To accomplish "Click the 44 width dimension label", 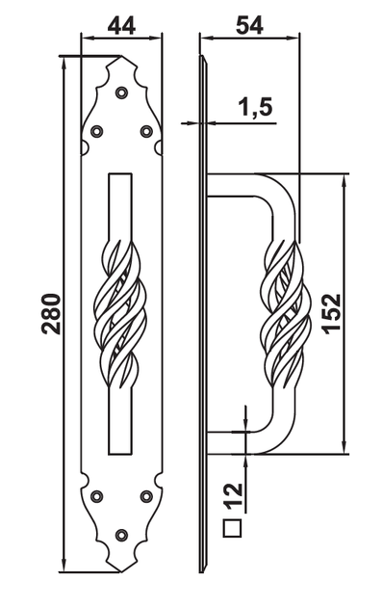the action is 121,26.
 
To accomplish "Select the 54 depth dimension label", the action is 249,26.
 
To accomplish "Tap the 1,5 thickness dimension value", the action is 254,107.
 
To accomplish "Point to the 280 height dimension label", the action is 51,314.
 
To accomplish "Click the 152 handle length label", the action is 332,313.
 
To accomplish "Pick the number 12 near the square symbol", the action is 233,496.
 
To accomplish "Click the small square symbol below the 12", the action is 232,528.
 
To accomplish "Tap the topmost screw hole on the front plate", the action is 122,92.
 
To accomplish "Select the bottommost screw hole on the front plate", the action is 122,535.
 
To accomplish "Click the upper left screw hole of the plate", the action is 96,131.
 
